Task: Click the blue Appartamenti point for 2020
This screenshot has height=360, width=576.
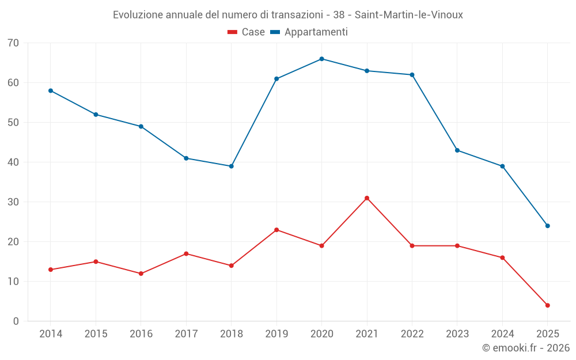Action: point(321,59)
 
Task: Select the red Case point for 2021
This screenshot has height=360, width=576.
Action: point(367,198)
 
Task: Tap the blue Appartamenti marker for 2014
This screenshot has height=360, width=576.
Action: point(51,90)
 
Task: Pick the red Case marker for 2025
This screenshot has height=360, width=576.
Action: point(548,305)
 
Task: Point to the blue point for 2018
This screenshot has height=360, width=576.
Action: point(232,166)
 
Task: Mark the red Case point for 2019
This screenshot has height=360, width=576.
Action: point(276,230)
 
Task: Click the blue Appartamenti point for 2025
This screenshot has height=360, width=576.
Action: point(548,226)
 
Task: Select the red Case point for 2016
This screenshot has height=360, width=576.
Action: point(141,274)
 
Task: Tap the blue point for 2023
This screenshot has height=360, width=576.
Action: point(457,150)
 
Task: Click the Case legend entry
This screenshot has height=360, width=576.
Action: point(247,32)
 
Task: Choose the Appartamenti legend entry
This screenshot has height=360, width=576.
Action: point(309,32)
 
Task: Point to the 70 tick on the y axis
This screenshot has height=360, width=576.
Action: point(13,43)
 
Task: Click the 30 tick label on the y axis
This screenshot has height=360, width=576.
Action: point(13,202)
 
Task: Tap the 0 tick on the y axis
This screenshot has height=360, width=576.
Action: point(16,321)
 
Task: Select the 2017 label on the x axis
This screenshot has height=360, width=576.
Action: point(186,334)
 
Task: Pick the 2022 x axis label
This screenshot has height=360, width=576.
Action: point(412,334)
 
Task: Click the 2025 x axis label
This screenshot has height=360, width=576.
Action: point(548,334)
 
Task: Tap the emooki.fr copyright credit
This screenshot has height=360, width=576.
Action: point(525,348)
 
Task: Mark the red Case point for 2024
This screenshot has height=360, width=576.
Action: point(502,257)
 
